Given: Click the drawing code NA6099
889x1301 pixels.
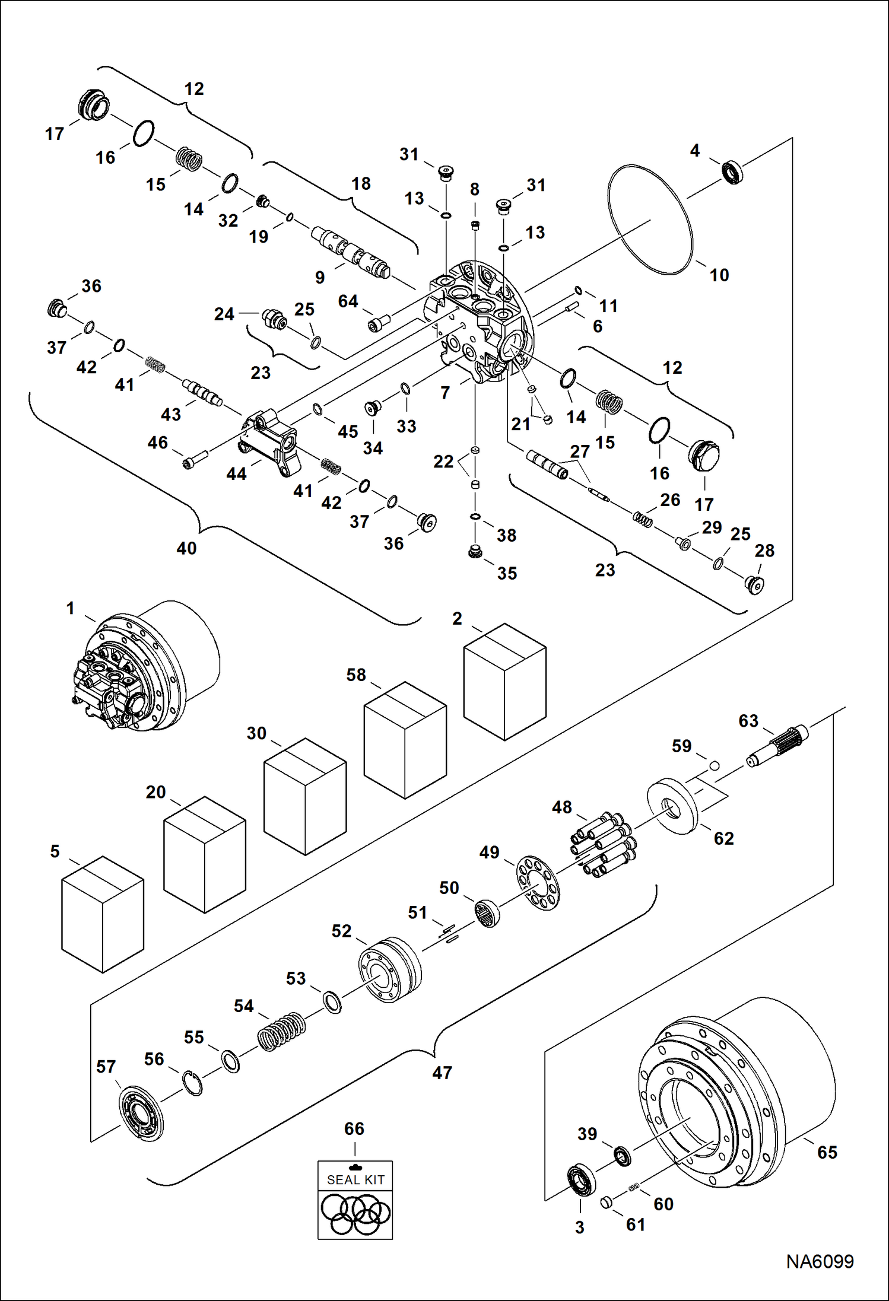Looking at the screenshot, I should click(820, 1261).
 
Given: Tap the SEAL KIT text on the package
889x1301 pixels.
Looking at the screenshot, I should click(355, 1180).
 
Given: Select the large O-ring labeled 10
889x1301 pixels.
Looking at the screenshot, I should click(650, 220).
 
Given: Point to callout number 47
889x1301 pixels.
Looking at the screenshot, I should click(442, 1073).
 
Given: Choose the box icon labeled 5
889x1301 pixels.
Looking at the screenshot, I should click(103, 914).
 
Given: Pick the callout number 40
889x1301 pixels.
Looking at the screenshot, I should click(186, 548).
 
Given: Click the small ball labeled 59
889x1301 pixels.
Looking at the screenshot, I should click(715, 765).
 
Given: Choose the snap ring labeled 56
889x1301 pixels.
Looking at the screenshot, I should click(192, 1083).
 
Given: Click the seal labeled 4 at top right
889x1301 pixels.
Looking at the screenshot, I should click(733, 171).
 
